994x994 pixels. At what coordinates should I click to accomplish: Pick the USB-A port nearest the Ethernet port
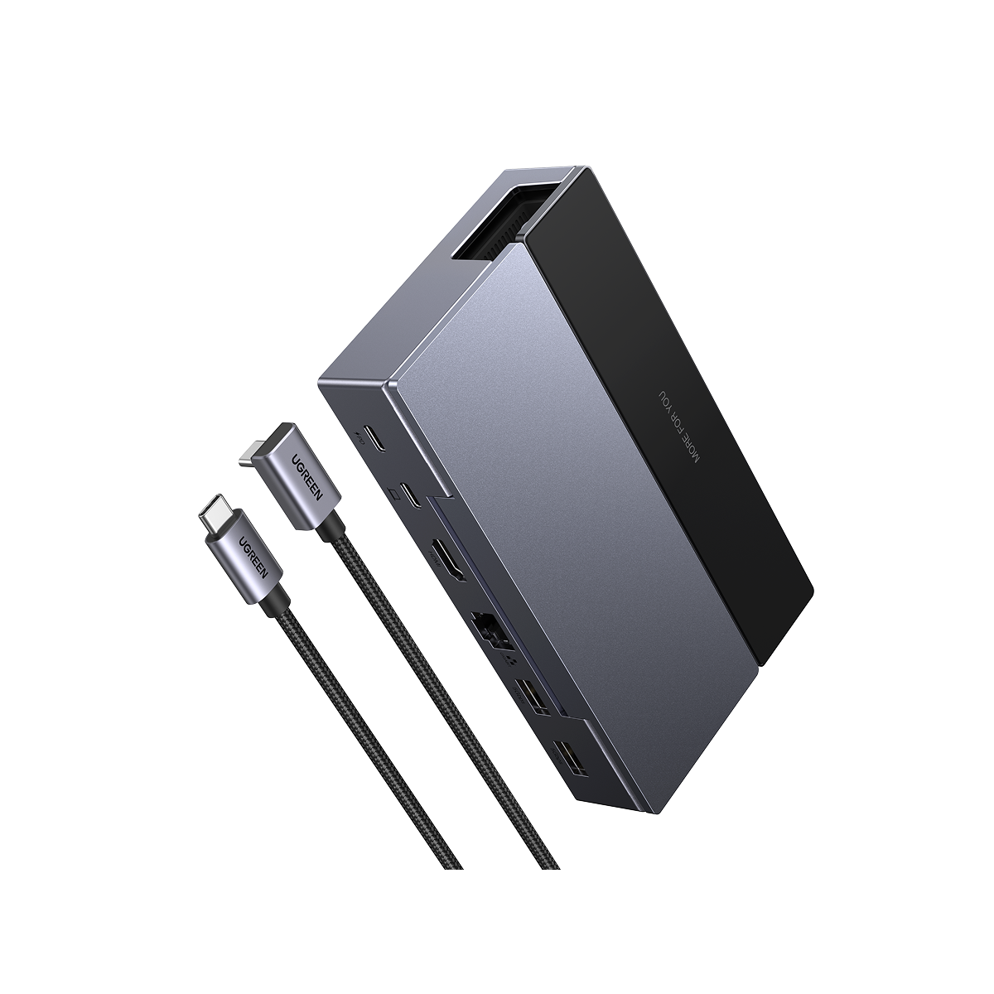point(530,694)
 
